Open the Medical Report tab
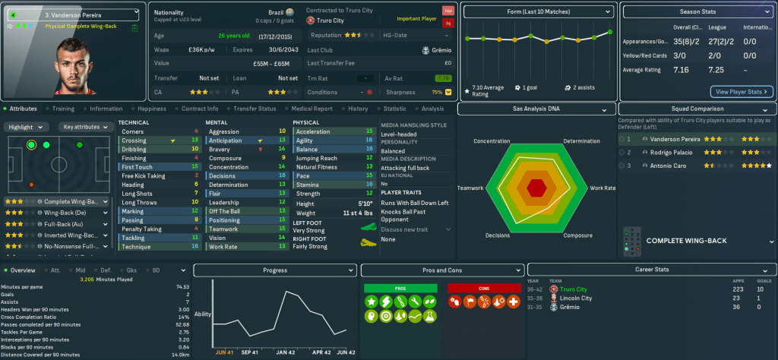tap(311, 109)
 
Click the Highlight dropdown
tap(28, 127)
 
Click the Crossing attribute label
tap(134, 141)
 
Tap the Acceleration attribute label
tap(312, 131)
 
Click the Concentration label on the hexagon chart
tap(492, 141)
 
